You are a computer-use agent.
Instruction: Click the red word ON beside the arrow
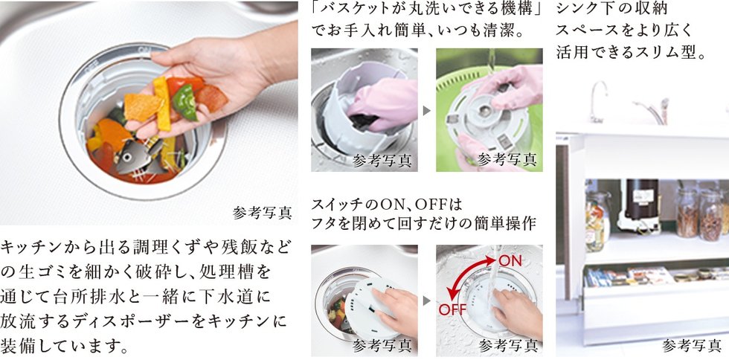[510, 261]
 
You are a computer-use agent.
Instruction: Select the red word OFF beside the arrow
[452, 309]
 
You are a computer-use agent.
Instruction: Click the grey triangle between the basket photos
[427, 111]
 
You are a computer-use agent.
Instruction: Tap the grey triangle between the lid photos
[427, 301]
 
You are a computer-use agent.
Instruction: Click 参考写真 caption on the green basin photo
[507, 160]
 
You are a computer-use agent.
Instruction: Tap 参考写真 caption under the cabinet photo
[691, 345]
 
